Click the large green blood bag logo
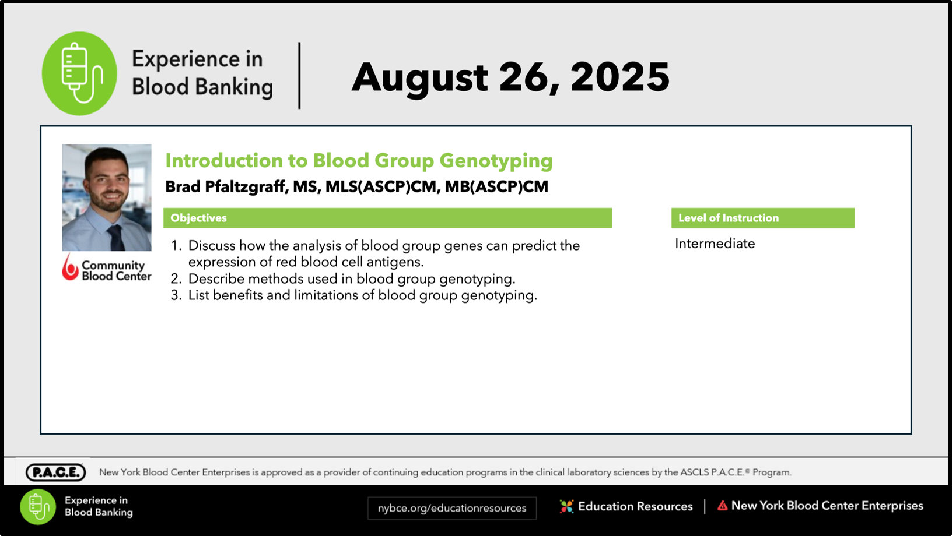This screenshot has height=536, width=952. tap(79, 73)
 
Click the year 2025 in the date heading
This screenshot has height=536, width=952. tap(620, 77)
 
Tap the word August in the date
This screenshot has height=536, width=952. tap(420, 79)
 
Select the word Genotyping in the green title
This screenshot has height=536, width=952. tap(496, 161)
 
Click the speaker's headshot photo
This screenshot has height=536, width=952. tap(107, 198)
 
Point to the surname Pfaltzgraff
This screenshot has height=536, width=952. tap(245, 187)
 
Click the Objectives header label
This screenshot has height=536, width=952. tap(198, 218)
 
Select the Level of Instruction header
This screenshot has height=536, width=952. tap(729, 218)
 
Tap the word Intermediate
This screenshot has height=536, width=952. tap(715, 244)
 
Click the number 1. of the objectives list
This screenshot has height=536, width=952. tap(176, 246)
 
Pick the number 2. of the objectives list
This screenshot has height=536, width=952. tap(176, 279)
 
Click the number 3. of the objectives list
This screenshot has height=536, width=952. tap(176, 295)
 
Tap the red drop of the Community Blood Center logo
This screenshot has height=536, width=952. tap(71, 267)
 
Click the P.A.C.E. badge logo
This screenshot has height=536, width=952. tap(55, 472)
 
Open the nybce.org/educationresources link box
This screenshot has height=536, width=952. tap(452, 508)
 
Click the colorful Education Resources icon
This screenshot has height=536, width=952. tap(566, 506)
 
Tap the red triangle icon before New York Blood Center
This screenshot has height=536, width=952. tap(723, 506)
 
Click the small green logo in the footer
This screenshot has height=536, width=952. tap(38, 507)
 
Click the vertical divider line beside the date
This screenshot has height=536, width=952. tap(300, 76)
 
